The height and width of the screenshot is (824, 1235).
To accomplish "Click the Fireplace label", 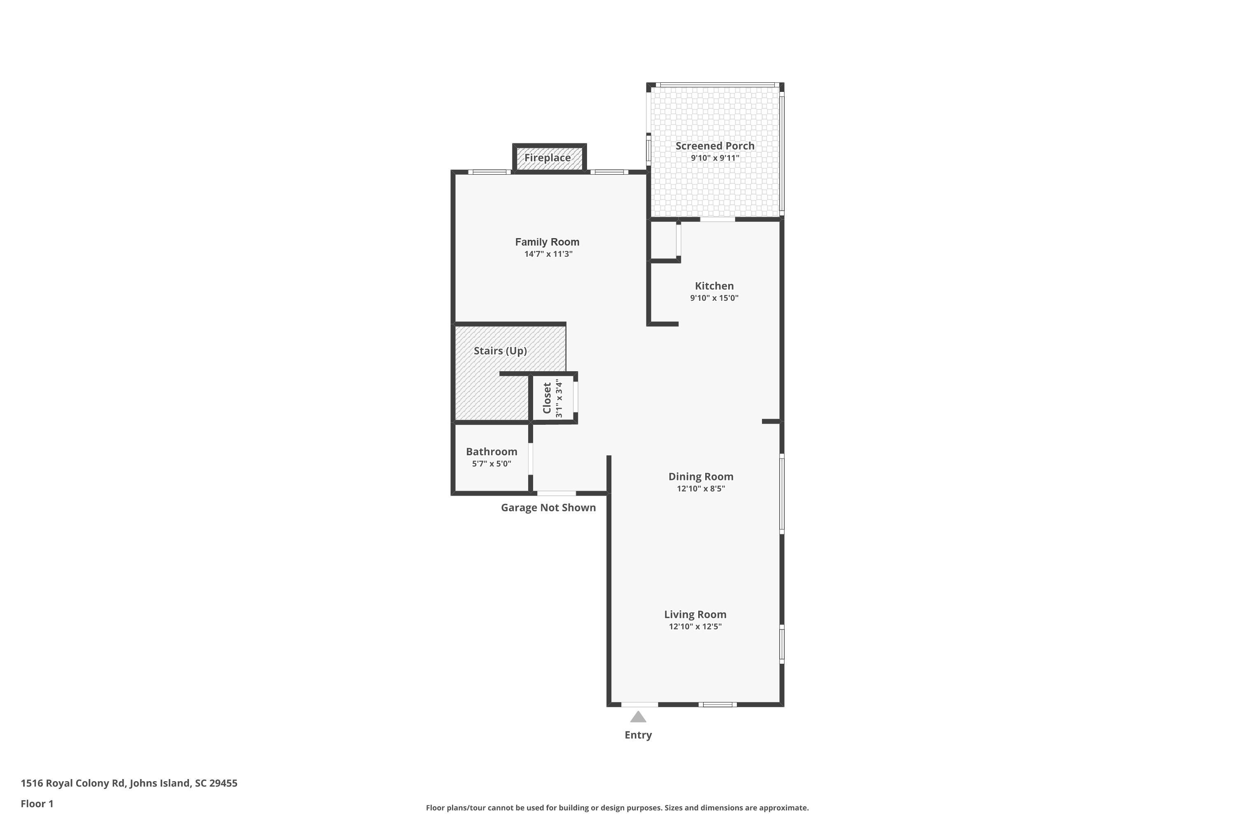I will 547,158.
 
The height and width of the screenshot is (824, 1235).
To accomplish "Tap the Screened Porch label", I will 715,145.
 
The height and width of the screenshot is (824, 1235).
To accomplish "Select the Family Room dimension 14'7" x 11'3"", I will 548,254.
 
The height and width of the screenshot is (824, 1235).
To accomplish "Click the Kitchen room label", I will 714,286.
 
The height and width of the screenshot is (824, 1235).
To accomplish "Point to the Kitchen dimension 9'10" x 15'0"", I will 714,298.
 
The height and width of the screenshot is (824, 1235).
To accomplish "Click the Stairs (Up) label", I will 500,351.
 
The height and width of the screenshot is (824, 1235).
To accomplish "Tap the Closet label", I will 547,398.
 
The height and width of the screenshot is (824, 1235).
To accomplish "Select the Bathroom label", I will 492,452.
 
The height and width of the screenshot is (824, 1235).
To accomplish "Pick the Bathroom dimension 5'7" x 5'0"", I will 492,463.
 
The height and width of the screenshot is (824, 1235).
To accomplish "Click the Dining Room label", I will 701,476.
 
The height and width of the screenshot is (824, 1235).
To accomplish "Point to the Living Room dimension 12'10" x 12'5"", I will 695,626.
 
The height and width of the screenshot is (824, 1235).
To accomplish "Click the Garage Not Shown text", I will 548,508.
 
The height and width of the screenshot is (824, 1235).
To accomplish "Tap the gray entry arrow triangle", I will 638,717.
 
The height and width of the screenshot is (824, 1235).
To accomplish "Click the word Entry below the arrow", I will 638,735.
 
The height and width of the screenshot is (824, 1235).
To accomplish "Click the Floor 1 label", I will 37,803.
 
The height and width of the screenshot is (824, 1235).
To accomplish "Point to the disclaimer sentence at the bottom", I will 617,808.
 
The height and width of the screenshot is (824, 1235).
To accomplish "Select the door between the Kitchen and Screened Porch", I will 717,219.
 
